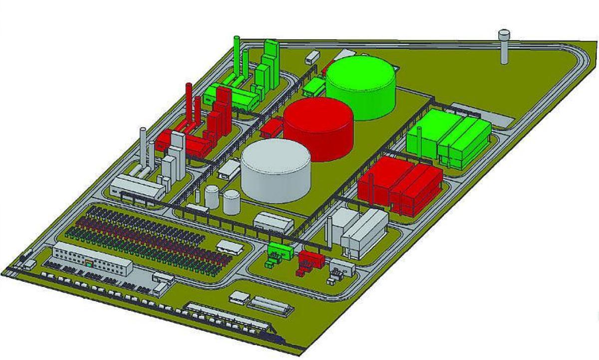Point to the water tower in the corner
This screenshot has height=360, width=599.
coord(504,47)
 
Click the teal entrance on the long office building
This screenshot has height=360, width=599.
coord(88,263)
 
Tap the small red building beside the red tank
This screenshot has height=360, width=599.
coord(271,127)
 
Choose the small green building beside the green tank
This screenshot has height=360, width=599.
coord(313,87)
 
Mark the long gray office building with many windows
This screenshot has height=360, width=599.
coord(92,259)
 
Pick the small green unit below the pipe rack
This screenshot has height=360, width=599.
coord(280,251)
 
